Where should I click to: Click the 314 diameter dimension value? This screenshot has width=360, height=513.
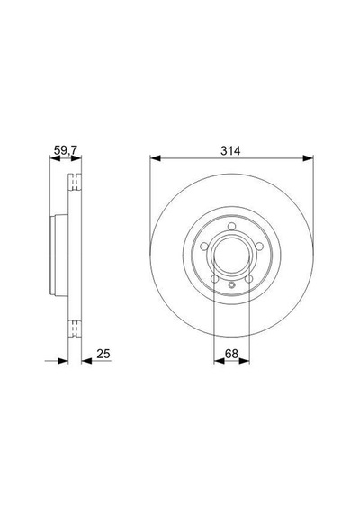230,151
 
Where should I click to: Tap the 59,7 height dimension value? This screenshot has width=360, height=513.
66,150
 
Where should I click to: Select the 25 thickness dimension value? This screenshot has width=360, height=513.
103,354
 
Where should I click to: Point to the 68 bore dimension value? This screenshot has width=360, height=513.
231,354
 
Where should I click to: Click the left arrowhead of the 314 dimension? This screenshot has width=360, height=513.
156,158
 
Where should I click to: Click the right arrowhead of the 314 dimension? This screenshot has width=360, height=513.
308,158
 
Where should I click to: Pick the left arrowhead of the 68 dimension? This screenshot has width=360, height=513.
219,361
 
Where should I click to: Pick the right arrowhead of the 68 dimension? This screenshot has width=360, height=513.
244,361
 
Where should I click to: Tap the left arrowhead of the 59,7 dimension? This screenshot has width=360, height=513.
55,158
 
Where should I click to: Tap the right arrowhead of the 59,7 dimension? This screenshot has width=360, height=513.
76,158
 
